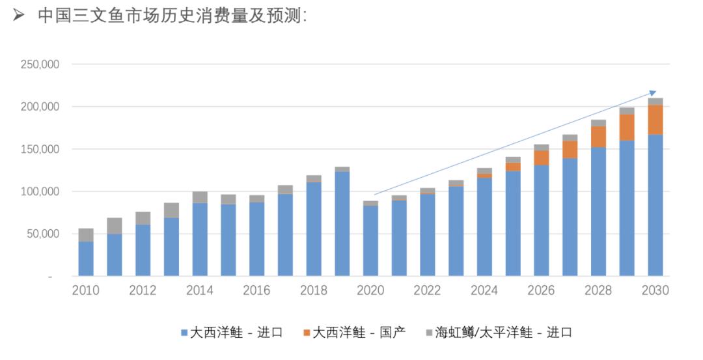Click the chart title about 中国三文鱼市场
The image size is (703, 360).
pos(172,16)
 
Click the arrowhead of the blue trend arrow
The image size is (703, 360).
pos(653,93)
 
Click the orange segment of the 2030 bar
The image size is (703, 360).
pos(655,120)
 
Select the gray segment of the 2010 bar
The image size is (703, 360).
pos(86,235)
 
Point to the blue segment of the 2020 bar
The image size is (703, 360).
pos(370,241)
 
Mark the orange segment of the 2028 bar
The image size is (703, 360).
pos(598,137)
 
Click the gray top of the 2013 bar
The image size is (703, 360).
pos(171,210)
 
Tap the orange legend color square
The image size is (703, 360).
pos(307,333)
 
